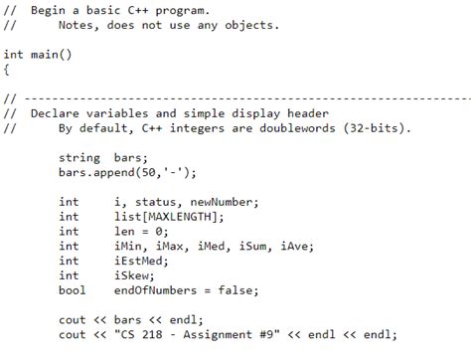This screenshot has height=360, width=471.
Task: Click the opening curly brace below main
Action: [6, 70]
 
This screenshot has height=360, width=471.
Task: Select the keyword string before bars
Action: [78, 157]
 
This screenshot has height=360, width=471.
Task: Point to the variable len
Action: [125, 232]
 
